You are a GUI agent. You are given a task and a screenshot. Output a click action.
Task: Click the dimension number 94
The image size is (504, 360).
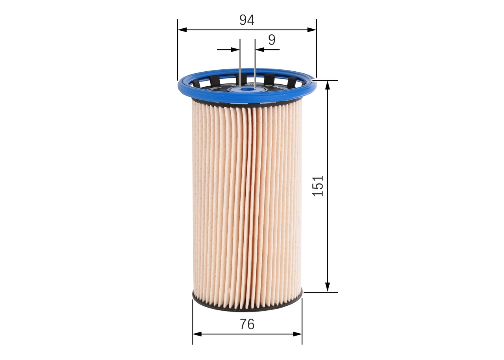[x=247, y=20]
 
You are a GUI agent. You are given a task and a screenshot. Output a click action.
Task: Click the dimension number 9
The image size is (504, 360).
[x=272, y=40]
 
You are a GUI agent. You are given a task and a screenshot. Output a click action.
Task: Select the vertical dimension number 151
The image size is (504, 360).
[x=318, y=186]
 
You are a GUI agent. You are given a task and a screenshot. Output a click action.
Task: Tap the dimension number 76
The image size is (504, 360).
[x=247, y=324]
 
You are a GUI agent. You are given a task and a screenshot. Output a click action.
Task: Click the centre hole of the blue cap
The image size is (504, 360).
[x=247, y=89]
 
